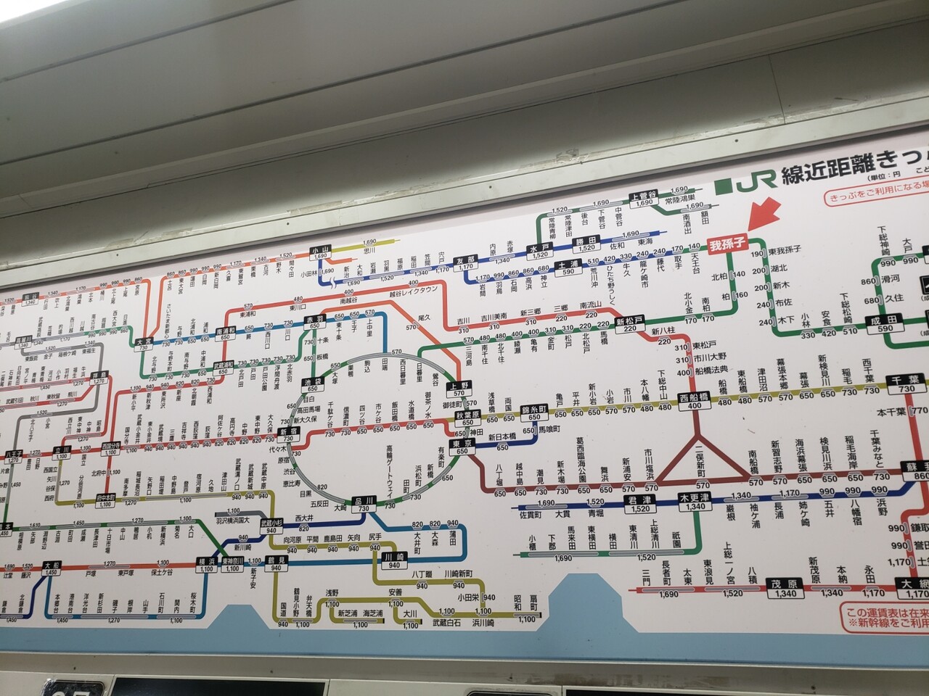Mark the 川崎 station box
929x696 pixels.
pyautogui.click(x=393, y=560)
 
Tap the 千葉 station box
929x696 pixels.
pyautogui.click(x=906, y=385)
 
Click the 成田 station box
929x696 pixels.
pyautogui.click(x=885, y=325)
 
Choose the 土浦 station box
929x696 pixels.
pyautogui.click(x=567, y=268)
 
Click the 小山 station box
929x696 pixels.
pyautogui.click(x=320, y=254)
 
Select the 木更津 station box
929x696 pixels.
pyautogui.click(x=695, y=502)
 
